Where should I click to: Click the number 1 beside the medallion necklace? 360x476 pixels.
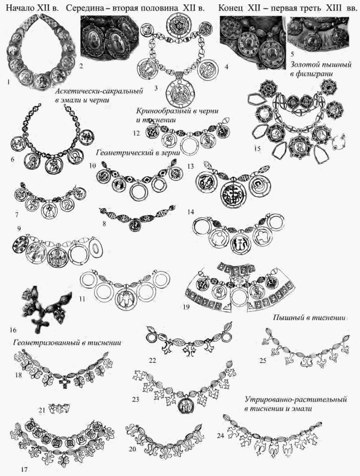(8, 82)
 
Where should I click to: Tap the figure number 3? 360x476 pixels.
(156, 88)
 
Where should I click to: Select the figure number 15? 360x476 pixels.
(258, 149)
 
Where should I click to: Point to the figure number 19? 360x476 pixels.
(186, 307)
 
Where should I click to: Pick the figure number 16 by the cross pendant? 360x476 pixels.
(13, 330)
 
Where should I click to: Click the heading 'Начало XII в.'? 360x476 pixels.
(32, 8)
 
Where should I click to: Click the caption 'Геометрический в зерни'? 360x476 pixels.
(138, 153)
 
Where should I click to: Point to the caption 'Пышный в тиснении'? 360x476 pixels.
(309, 318)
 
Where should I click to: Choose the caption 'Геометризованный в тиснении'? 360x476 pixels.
(67, 343)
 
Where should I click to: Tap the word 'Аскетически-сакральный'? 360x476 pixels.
(99, 91)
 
